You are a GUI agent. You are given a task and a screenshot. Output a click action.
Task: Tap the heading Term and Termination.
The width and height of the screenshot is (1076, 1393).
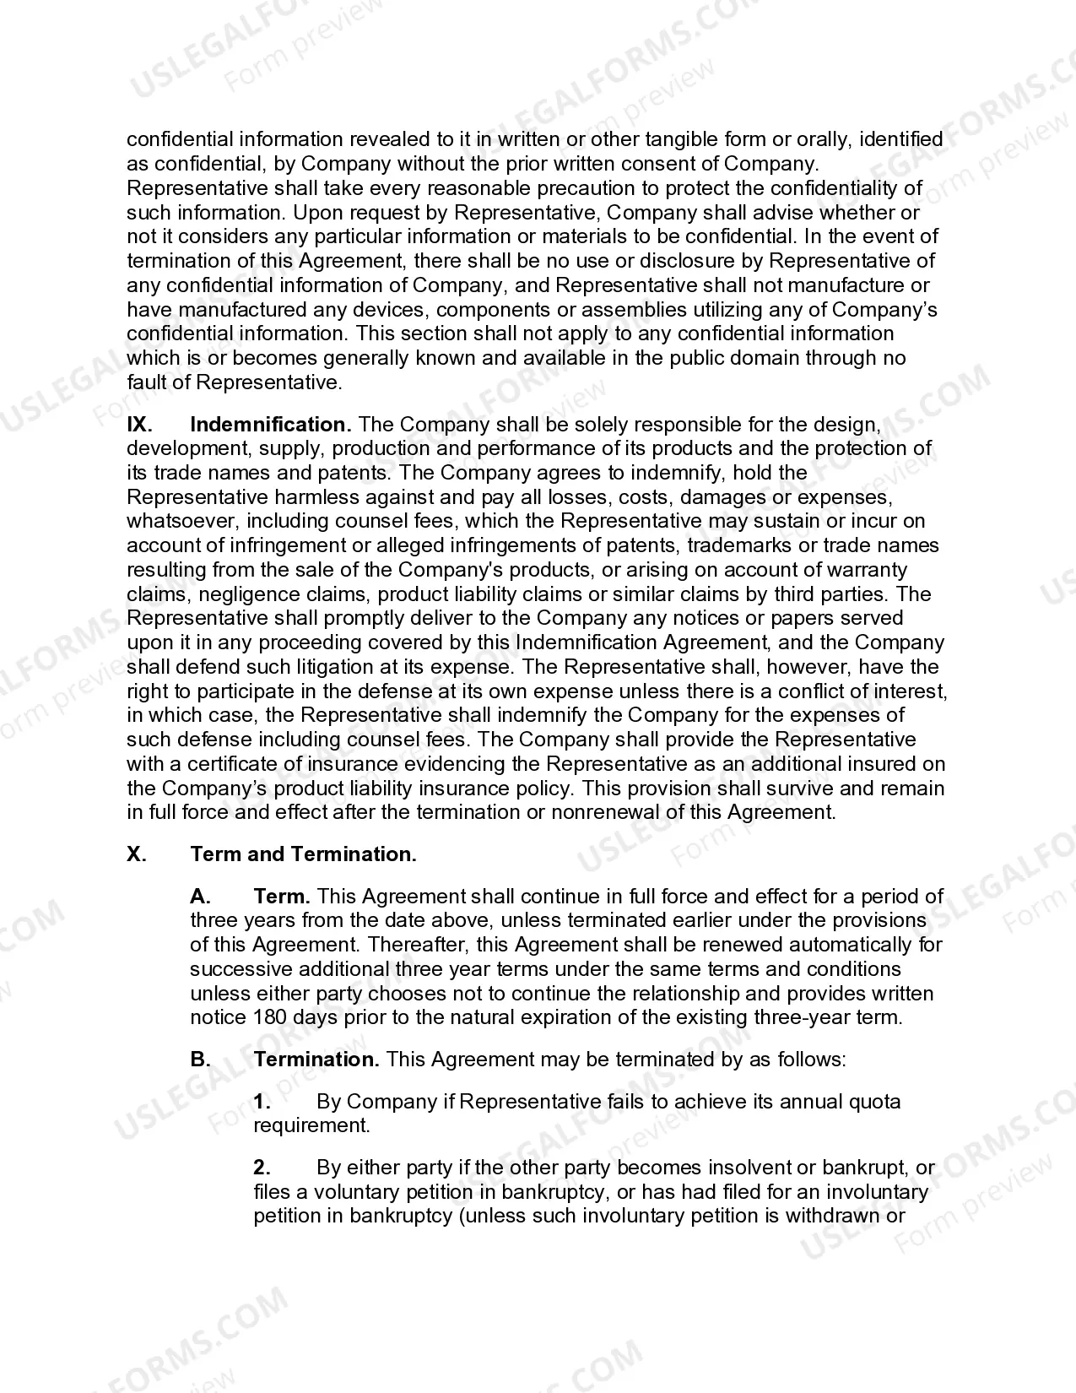point(303,854)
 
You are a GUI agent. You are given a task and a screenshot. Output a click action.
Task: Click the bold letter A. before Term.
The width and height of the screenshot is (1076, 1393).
point(200,896)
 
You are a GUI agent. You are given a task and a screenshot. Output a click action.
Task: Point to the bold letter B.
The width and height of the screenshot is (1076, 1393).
point(200,1059)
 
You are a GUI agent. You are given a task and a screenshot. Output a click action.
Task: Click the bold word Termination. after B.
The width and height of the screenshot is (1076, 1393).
point(316,1059)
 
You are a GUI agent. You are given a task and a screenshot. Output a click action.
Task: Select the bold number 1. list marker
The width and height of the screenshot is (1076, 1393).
point(262,1101)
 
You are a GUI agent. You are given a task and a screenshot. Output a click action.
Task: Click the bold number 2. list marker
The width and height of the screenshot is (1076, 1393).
point(262,1168)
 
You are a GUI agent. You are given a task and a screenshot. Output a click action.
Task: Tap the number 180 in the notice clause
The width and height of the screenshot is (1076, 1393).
point(270,1017)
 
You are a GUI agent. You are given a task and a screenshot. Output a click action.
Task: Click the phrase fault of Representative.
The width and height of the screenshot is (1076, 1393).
point(235,382)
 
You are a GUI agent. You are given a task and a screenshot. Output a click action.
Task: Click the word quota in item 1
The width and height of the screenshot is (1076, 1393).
point(879,1101)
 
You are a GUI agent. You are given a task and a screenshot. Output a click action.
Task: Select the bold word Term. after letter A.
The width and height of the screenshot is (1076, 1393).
point(282,896)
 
